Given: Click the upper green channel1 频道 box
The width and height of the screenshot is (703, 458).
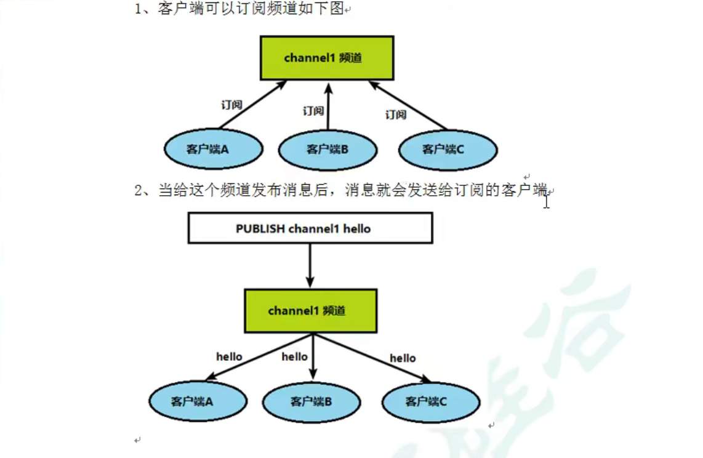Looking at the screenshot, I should (326, 58).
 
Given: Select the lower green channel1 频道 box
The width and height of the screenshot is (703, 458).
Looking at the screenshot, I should (311, 311).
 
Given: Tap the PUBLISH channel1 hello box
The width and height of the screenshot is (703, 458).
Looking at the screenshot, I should (310, 228).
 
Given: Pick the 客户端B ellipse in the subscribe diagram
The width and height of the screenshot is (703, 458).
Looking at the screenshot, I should (327, 149).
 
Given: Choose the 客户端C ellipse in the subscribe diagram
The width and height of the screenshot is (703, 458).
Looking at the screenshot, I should (448, 149).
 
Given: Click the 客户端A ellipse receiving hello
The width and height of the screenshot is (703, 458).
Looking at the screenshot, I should (198, 401).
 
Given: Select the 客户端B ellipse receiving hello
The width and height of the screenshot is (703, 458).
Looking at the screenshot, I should (311, 401).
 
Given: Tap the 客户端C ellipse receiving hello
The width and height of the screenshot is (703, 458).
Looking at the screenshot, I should (431, 401).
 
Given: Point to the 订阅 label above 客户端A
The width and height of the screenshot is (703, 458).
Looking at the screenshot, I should (231, 105).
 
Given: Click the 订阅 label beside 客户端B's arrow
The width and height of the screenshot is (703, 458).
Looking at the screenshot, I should (313, 111).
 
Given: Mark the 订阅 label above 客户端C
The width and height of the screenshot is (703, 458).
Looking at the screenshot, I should (396, 114).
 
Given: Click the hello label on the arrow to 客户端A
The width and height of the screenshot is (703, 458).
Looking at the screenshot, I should (229, 356).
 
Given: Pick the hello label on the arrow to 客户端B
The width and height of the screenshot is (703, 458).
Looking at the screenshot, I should (294, 356).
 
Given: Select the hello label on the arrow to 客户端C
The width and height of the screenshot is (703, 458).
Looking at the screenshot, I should (403, 358).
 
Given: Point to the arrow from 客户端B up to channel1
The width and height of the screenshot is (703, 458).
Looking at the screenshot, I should (327, 108).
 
